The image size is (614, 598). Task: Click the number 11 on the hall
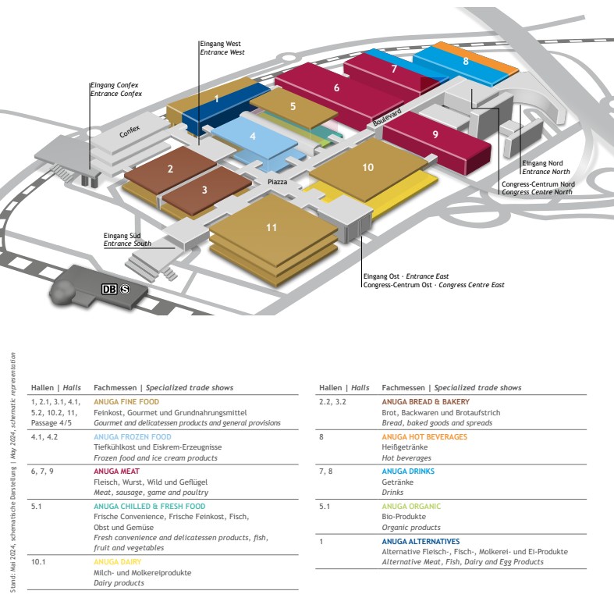[272, 228]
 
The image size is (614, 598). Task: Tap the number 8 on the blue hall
[465, 61]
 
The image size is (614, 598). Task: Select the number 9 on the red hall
[435, 134]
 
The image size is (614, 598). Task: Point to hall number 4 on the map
[252, 136]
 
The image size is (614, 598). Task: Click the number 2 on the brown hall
[170, 169]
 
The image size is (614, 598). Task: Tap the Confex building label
[130, 133]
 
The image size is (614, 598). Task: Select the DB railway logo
[109, 289]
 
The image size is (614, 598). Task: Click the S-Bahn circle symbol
[124, 289]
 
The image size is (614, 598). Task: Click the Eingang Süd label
[120, 235]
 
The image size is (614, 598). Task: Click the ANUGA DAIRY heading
[115, 561]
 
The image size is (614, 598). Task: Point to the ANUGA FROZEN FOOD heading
[132, 437]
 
